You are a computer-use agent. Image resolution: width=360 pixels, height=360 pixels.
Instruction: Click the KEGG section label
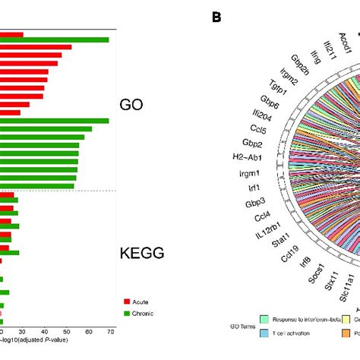[x=142, y=254]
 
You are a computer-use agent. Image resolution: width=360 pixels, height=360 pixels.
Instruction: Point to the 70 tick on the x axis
[x=111, y=331]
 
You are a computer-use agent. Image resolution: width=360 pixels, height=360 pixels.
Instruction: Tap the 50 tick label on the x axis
[x=67, y=331]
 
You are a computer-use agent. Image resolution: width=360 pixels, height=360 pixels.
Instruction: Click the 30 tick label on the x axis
[x=23, y=331]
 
